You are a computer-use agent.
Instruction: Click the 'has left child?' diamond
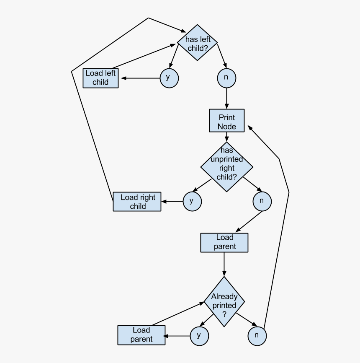197,43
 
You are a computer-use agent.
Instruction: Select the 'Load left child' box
100,78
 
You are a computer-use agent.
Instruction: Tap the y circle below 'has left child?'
169,78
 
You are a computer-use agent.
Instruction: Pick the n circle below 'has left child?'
226,78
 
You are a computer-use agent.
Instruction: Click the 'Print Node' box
226,121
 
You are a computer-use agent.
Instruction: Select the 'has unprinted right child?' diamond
226,167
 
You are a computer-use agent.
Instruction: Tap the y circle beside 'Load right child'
192,201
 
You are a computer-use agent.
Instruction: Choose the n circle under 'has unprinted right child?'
262,201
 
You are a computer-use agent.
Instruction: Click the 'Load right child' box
137,202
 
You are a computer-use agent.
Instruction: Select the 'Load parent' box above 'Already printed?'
224,243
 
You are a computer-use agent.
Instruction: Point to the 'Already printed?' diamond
224,302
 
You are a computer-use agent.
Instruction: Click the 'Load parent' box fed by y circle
141,335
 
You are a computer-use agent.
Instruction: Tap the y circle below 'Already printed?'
199,335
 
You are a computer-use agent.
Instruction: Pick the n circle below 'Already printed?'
257,336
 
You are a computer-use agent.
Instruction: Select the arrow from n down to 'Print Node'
226,99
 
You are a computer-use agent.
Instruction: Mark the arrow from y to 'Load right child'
172,202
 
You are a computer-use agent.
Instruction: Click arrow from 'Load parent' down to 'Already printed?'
224,264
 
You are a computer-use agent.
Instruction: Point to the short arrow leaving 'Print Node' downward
226,137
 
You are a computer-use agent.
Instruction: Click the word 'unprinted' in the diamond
226,159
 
